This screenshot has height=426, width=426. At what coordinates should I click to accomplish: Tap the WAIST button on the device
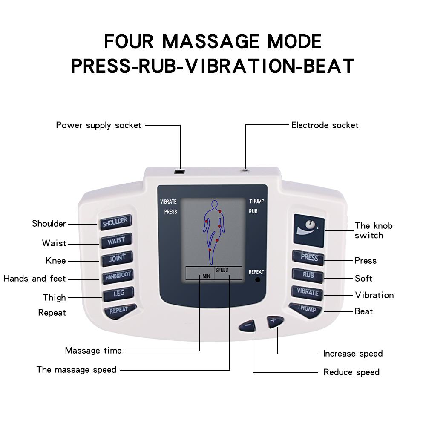point(116,240)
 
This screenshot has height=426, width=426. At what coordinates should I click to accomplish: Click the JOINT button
point(117,258)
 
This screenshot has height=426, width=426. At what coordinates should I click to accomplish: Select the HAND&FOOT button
point(118,276)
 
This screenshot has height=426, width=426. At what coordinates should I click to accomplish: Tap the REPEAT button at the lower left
point(119,311)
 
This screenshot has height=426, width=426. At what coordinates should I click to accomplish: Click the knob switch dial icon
point(309,226)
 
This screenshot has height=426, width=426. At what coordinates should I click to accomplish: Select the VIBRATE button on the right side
point(308,293)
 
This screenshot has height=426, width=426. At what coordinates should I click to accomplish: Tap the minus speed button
point(248,325)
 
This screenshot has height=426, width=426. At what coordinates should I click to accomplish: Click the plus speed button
point(273,320)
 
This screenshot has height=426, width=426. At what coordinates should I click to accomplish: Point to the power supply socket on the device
point(180,172)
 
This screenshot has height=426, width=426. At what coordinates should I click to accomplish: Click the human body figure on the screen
point(213,226)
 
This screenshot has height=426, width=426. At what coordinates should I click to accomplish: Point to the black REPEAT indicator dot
point(257,280)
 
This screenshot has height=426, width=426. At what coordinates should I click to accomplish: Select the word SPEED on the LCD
point(222,270)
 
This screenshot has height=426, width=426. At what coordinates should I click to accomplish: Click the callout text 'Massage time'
point(93,351)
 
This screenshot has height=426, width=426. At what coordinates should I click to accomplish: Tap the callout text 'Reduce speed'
point(351,372)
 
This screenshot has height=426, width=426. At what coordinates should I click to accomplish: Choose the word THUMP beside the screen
point(257,201)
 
